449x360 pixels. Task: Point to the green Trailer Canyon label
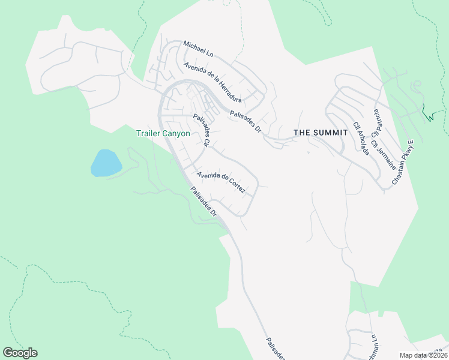coord(163,133)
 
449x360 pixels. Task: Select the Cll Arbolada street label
coord(361,137)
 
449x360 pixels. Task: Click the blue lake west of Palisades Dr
coord(106,163)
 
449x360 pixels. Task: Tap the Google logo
coord(20,353)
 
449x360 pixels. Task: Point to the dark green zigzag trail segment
coord(427,114)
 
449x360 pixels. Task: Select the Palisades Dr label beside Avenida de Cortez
coord(203,202)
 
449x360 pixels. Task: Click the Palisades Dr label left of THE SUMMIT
coord(246,121)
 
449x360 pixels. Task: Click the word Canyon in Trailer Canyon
coord(176,133)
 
